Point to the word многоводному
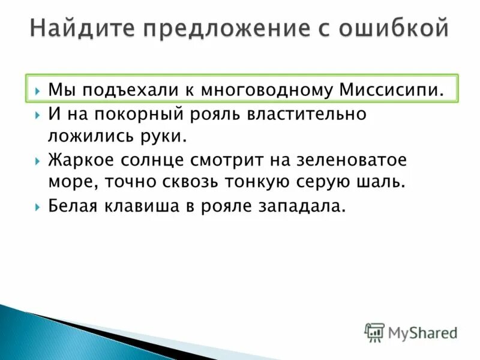[x=266, y=91]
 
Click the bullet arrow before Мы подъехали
[x=37, y=91]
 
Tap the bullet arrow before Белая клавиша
[x=37, y=207]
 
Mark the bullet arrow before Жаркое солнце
[x=37, y=161]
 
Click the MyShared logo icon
[x=375, y=332]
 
